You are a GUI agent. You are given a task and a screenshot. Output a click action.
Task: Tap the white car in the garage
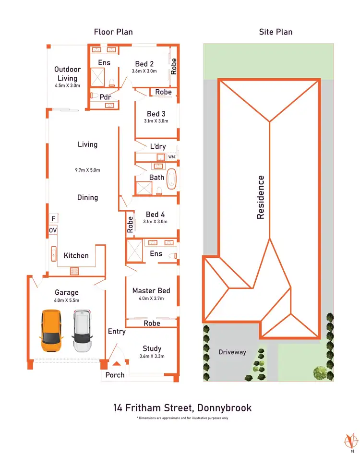pyautogui.click(x=82, y=331)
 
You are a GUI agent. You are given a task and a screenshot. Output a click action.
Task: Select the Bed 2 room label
pyautogui.click(x=144, y=64)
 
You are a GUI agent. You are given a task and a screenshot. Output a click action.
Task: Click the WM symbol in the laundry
pyautogui.click(x=171, y=157)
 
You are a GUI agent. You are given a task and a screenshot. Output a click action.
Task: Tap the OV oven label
pyautogui.click(x=53, y=231)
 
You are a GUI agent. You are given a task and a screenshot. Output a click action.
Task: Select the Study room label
pyautogui.click(x=152, y=348)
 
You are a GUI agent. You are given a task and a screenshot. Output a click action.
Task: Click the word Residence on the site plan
pyautogui.click(x=261, y=197)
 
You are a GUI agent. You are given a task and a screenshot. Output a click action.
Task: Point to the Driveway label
pyautogui.click(x=232, y=352)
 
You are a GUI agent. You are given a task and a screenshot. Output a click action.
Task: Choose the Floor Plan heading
pyautogui.click(x=113, y=32)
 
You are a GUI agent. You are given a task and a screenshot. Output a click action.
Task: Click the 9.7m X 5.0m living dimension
pyautogui.click(x=87, y=170)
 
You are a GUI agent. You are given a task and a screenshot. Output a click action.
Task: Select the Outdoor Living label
pyautogui.click(x=67, y=73)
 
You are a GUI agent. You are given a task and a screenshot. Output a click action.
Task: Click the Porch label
pyautogui.click(x=115, y=375)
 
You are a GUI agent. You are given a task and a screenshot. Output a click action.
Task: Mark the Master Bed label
pyautogui.click(x=151, y=290)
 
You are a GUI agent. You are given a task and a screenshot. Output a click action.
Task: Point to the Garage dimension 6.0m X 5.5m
pyautogui.click(x=67, y=300)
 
